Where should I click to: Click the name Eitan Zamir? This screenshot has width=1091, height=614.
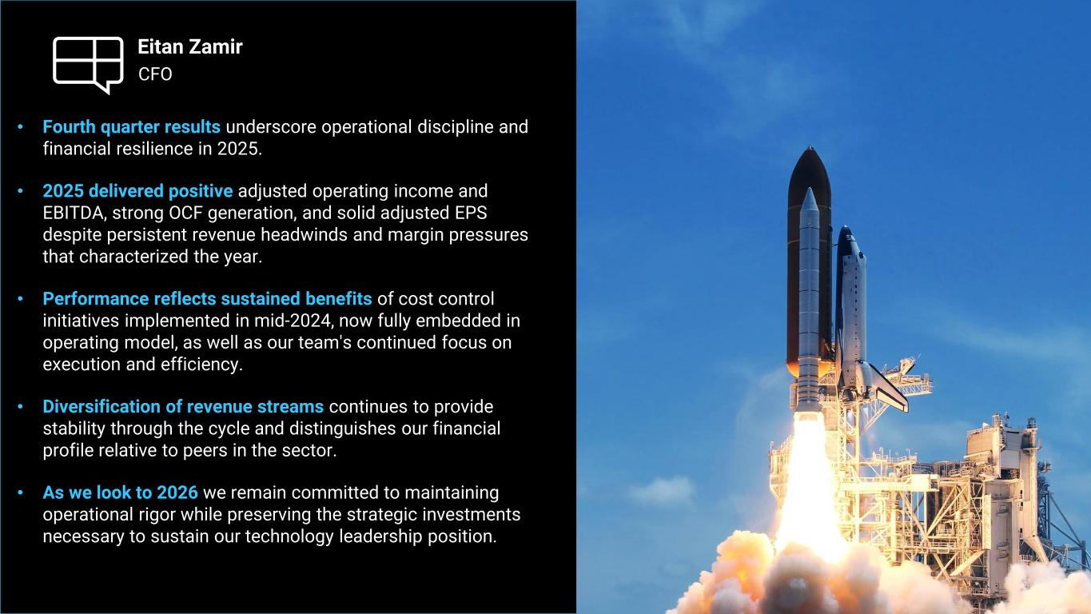pyautogui.click(x=190, y=47)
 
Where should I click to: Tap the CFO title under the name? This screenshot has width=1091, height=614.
pyautogui.click(x=155, y=74)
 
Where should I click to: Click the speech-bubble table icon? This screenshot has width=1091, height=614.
pyautogui.click(x=88, y=64)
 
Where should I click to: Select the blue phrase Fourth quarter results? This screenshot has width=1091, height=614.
pyautogui.click(x=132, y=126)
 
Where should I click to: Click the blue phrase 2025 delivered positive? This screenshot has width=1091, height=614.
pyautogui.click(x=137, y=190)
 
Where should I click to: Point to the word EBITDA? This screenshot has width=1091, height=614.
pyautogui.click(x=73, y=213)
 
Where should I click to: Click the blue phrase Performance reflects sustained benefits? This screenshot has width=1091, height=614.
pyautogui.click(x=208, y=298)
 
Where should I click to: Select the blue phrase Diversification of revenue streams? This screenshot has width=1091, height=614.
pyautogui.click(x=183, y=406)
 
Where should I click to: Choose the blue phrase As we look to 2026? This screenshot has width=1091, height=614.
pyautogui.click(x=121, y=492)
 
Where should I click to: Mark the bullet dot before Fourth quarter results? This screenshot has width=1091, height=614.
pyautogui.click(x=21, y=127)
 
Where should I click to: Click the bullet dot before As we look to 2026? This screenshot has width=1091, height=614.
pyautogui.click(x=21, y=492)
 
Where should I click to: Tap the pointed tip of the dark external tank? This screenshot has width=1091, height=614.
pyautogui.click(x=810, y=146)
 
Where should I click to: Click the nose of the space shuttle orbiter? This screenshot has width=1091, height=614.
pyautogui.click(x=846, y=228)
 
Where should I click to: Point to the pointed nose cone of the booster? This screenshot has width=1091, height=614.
pyautogui.click(x=810, y=189)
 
